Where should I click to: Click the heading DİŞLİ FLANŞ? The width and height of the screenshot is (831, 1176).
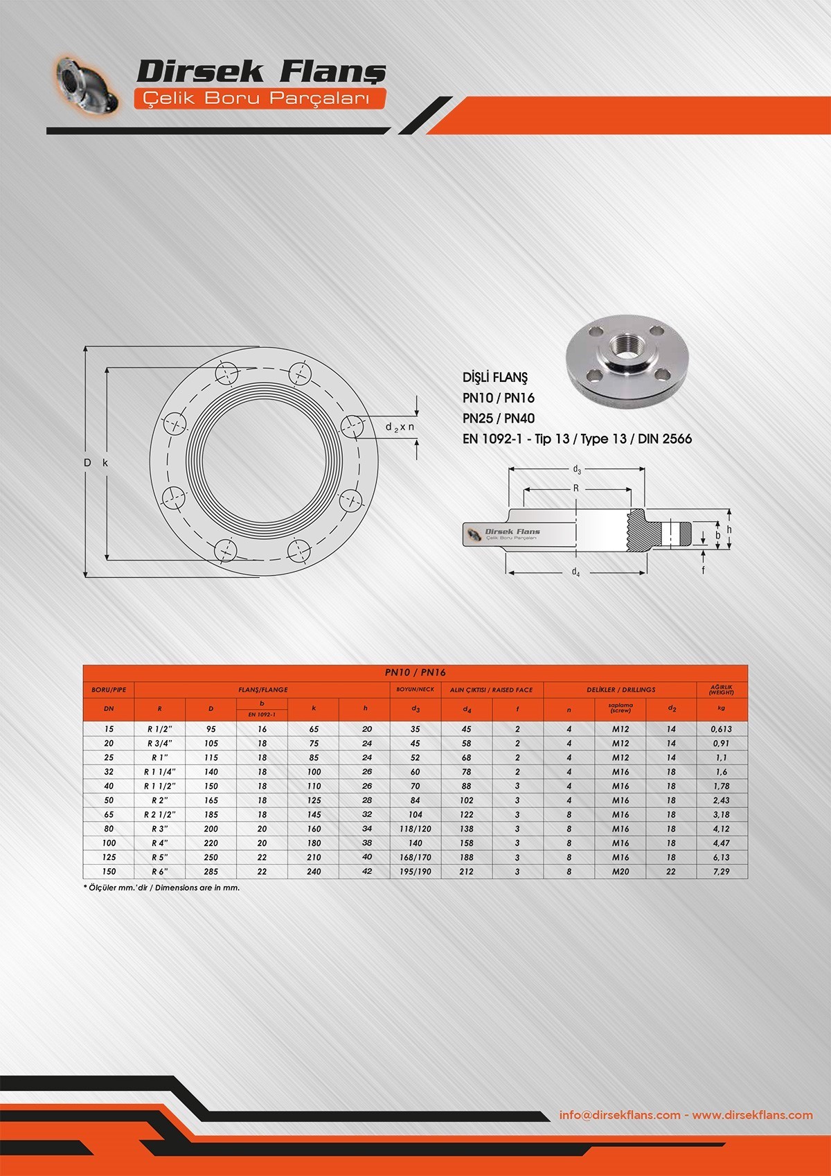(x=494, y=378)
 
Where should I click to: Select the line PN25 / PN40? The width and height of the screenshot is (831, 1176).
(x=498, y=418)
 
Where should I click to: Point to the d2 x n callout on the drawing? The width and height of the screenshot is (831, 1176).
(x=400, y=427)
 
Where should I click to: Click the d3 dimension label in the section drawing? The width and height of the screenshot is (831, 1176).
(x=577, y=470)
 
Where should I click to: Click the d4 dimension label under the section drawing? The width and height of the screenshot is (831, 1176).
(x=575, y=572)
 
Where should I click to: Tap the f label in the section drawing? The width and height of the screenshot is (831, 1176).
(x=703, y=570)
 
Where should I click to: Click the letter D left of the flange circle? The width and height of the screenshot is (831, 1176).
(x=87, y=462)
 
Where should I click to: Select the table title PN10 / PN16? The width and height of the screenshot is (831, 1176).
(x=415, y=672)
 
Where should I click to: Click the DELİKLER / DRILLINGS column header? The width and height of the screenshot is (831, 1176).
(x=620, y=690)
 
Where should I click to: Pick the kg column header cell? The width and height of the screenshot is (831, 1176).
(x=722, y=709)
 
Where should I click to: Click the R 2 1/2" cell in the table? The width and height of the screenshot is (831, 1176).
(x=159, y=814)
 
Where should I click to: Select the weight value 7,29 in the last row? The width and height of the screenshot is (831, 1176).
(x=721, y=871)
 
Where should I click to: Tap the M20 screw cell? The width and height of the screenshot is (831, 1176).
(x=620, y=871)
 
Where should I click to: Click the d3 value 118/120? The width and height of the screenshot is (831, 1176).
(x=415, y=829)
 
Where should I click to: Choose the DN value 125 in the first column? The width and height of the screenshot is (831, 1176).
(x=109, y=857)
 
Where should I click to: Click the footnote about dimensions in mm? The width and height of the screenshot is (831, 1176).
(x=161, y=887)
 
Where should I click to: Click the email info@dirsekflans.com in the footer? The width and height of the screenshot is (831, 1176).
(x=619, y=1115)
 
